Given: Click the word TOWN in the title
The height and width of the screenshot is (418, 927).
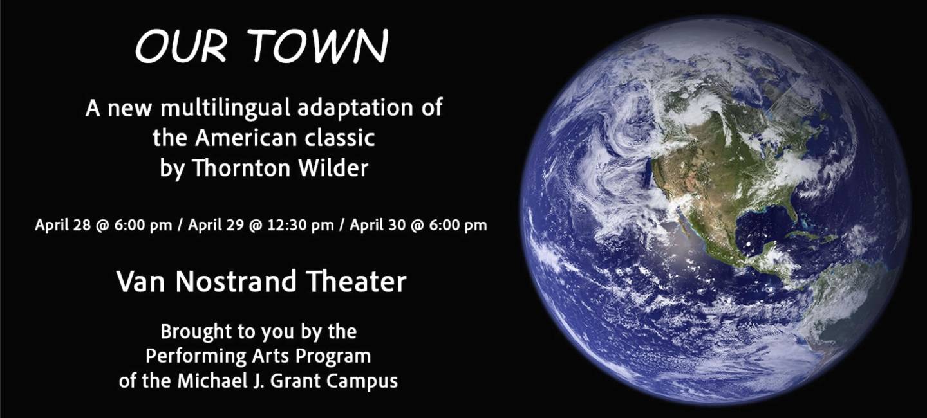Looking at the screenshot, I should coord(318,46).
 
